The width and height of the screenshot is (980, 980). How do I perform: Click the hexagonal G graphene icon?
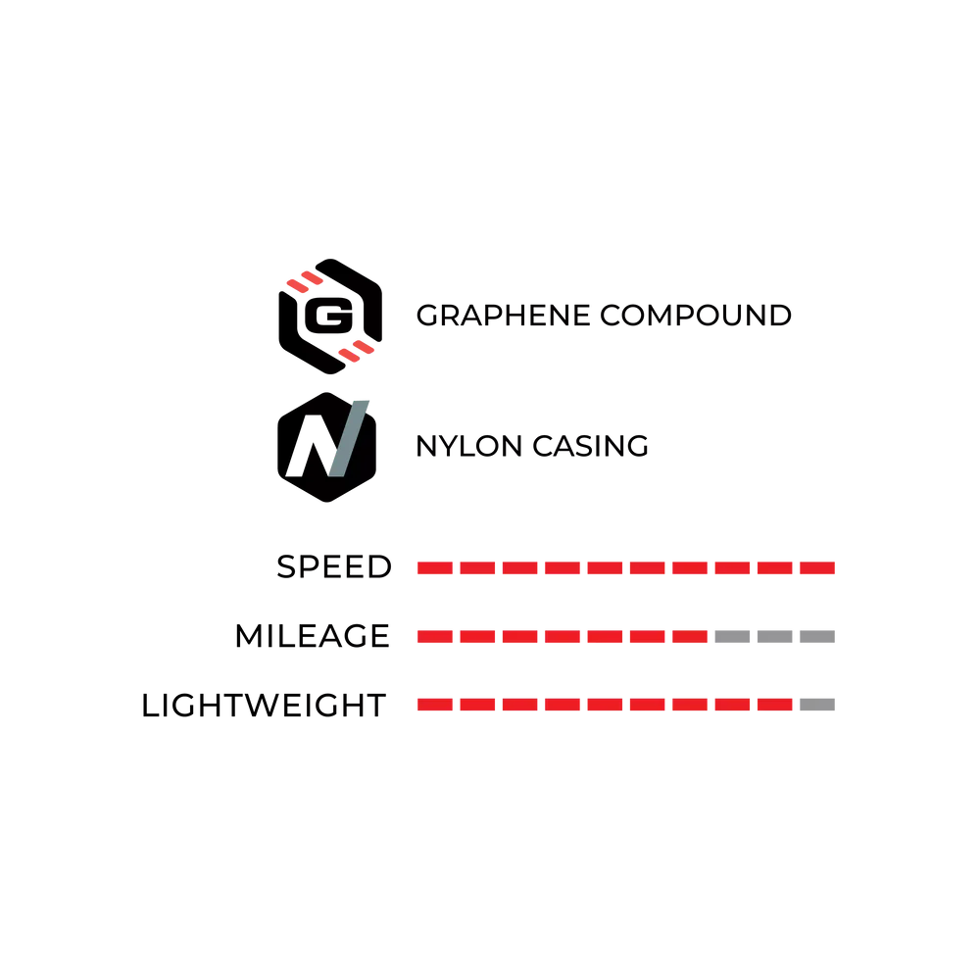tap(330, 317)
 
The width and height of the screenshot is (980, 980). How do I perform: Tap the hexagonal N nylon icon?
tap(327, 447)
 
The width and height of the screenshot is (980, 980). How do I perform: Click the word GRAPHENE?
tap(503, 316)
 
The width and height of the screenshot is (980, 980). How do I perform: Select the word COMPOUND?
tap(696, 316)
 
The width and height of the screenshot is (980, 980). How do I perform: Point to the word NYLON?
tap(468, 446)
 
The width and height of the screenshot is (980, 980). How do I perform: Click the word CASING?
tap(591, 446)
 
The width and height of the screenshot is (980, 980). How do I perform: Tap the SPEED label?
tap(334, 566)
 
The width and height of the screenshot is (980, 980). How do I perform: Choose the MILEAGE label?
tap(313, 636)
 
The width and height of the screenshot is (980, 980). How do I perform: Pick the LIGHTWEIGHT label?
tap(264, 706)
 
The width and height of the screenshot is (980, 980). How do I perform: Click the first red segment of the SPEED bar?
tap(435, 567)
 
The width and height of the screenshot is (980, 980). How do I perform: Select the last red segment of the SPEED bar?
tap(817, 567)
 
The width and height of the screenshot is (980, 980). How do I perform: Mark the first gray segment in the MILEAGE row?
tap(732, 637)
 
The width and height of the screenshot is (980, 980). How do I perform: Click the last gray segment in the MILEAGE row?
tap(817, 637)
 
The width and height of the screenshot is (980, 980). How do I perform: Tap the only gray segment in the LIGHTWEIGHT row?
tap(817, 705)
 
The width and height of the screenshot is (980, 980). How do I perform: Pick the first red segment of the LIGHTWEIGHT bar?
tap(435, 705)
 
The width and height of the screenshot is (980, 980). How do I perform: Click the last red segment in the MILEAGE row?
tap(690, 637)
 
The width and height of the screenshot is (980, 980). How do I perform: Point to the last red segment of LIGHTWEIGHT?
tap(775, 705)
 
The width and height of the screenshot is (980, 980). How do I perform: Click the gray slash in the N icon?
tap(349, 439)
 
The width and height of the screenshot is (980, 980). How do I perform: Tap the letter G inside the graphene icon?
tap(328, 316)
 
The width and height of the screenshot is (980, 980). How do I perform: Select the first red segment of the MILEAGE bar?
tap(435, 637)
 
